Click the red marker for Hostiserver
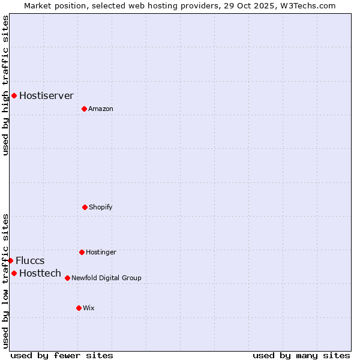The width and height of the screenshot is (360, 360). tap(14, 95)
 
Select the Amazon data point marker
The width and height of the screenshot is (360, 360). tap(84, 109)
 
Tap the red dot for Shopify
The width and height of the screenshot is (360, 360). tap(85, 207)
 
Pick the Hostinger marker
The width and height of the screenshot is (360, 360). tap(82, 252)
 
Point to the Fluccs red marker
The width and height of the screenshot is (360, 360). tap(11, 260)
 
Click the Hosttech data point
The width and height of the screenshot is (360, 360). tap(14, 273)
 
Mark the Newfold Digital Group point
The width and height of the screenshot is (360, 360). tap(67, 278)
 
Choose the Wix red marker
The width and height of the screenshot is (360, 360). tap(79, 308)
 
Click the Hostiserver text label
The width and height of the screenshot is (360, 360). tap(46, 95)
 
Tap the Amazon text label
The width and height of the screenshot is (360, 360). tap(101, 109)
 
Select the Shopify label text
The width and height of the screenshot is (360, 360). tap(101, 207)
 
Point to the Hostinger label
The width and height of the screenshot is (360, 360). tap(101, 252)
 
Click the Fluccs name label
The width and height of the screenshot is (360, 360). tap(30, 260)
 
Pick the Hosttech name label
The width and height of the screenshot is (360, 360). tap(40, 273)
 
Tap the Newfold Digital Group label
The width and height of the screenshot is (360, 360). tap(106, 278)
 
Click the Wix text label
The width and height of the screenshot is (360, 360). tap(89, 308)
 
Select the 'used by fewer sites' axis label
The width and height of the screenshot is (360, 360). tap(62, 355)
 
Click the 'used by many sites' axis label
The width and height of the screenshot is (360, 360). tap(301, 355)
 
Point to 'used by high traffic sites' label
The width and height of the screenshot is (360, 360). tap(5, 85)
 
